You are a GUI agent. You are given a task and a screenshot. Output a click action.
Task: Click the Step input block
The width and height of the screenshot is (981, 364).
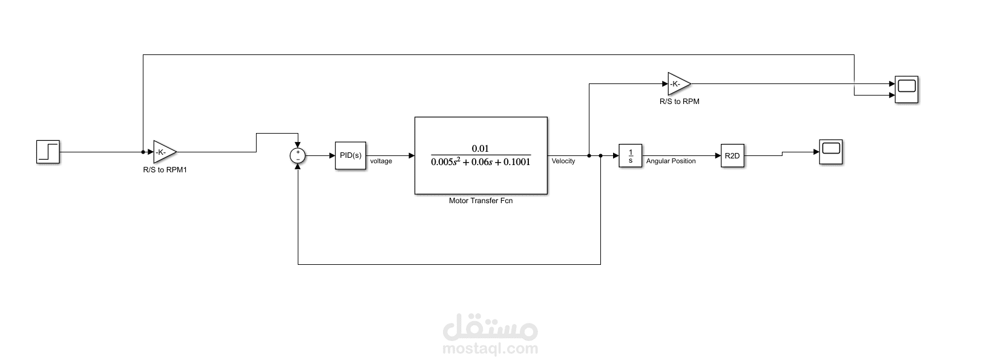(48, 152)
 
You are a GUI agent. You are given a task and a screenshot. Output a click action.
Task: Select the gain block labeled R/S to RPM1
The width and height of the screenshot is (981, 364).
(164, 152)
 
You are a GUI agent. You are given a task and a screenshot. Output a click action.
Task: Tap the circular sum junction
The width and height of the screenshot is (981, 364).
(298, 156)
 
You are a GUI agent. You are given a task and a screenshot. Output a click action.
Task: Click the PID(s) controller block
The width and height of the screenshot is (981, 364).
(350, 156)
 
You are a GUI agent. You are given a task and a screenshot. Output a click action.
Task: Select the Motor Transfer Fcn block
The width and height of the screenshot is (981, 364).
(481, 155)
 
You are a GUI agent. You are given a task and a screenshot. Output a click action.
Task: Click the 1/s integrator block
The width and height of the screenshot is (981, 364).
(630, 156)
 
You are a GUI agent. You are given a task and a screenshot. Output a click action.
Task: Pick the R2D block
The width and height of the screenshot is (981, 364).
(732, 156)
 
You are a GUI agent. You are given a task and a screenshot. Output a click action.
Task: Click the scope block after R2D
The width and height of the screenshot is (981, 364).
(831, 151)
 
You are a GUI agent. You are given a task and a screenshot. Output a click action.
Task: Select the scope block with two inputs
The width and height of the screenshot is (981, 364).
(907, 89)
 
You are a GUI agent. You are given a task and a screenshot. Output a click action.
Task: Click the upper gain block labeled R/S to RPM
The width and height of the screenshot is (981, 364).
(678, 83)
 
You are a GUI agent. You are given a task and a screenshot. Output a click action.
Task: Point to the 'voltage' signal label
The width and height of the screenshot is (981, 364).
(381, 161)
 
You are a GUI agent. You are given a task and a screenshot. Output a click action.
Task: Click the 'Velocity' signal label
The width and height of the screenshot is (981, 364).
(563, 161)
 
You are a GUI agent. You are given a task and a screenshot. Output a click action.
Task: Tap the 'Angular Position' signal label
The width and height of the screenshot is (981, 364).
(671, 161)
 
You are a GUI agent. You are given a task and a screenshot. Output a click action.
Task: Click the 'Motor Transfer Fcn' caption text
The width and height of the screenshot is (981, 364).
(481, 201)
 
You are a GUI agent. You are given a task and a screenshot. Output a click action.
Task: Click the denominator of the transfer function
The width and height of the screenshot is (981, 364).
(481, 163)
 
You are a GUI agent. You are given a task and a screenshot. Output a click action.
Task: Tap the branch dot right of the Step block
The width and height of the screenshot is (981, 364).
(143, 152)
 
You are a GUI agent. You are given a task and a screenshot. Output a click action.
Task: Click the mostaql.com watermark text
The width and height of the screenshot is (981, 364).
(490, 349)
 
